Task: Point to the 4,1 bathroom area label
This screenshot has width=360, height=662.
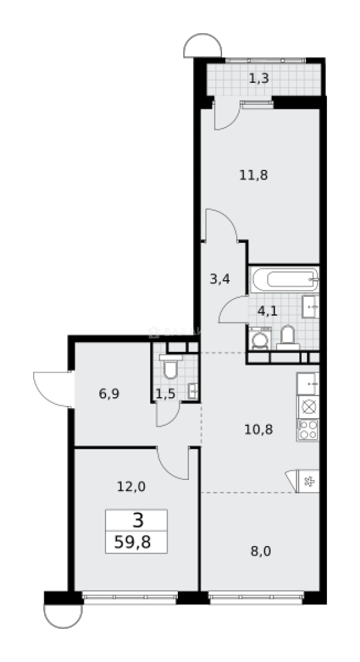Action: coord(267,310)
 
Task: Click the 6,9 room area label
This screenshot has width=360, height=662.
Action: coord(109,394)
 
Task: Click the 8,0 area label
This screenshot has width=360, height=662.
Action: coord(261,550)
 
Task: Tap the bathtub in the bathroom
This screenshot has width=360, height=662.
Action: coord(284,281)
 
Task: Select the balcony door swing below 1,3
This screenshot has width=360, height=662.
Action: coord(225,116)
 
